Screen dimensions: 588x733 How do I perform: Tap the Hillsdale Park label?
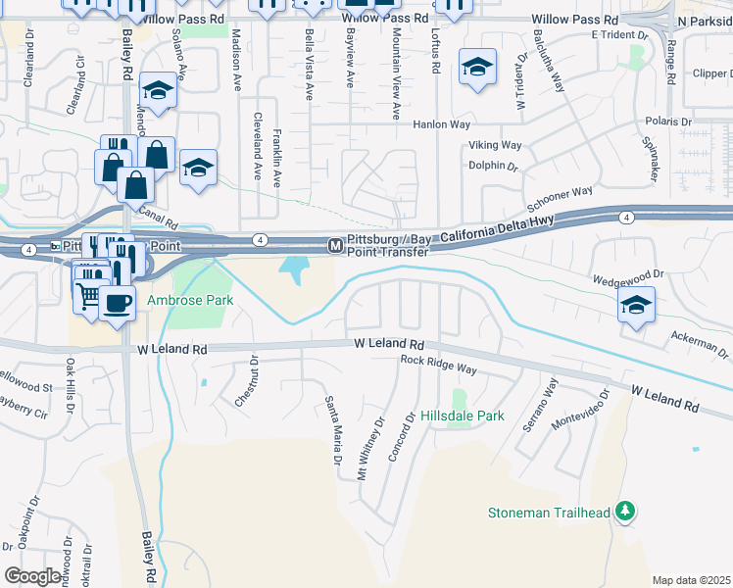(x=463, y=416)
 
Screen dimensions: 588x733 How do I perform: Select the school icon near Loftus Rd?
(x=477, y=67)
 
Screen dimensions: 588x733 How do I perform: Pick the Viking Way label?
(x=494, y=145)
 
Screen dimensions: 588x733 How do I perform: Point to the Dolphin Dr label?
(x=493, y=166)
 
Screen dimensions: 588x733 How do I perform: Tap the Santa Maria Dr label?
(x=334, y=430)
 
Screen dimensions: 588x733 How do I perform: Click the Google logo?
(x=32, y=575)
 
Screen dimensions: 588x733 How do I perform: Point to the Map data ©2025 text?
(x=692, y=580)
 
